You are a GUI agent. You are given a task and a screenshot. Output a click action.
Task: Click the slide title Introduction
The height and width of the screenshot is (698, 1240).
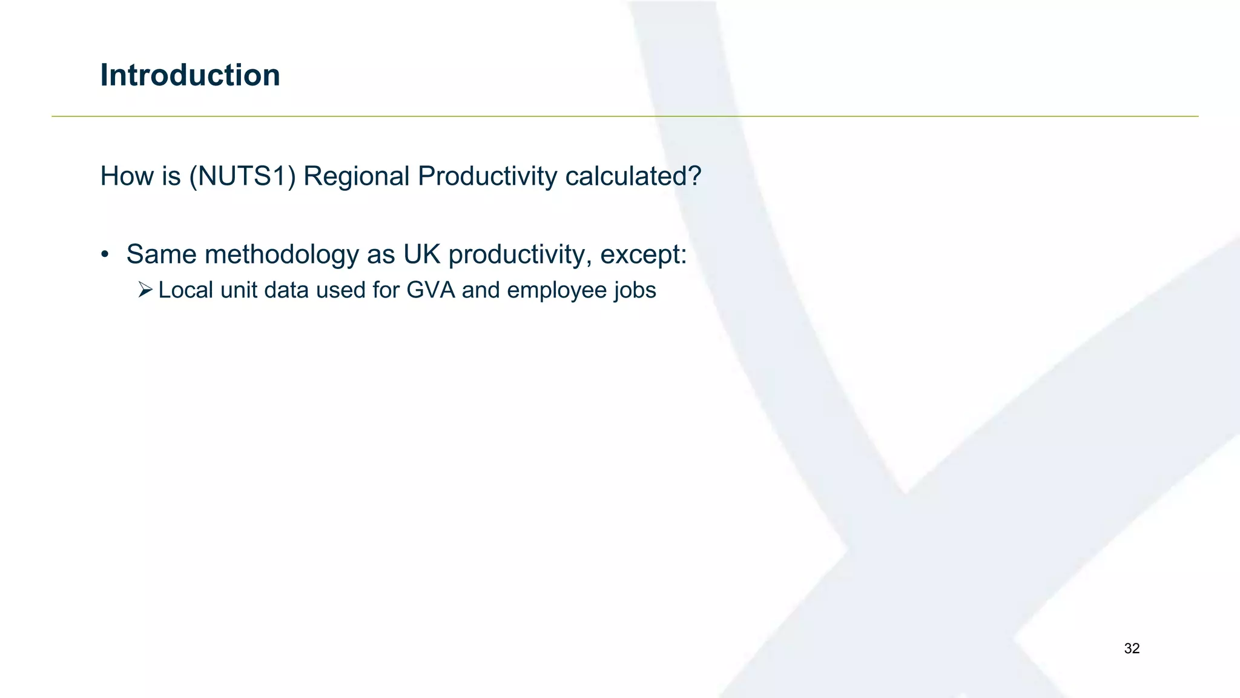[x=190, y=75]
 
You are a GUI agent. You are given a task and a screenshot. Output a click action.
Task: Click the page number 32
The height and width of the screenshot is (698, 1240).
[x=1132, y=648]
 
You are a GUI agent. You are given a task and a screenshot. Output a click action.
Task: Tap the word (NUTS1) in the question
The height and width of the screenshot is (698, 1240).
[x=242, y=176]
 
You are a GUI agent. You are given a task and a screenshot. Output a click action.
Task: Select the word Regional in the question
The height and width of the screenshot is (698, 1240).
[x=357, y=176]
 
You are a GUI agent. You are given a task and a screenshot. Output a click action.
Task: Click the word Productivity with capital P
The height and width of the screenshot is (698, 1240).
[x=487, y=176]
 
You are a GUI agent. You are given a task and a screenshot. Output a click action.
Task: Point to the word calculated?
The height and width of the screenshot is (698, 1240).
[x=633, y=176]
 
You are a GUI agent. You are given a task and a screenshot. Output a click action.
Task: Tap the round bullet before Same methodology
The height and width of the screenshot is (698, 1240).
[x=105, y=255]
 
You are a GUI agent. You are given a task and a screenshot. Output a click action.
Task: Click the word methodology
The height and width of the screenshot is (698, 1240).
[x=282, y=254]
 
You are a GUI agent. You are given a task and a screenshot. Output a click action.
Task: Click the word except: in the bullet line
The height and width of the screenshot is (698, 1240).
[x=643, y=254]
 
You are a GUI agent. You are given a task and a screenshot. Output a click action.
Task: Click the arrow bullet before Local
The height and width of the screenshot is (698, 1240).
[x=145, y=290]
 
